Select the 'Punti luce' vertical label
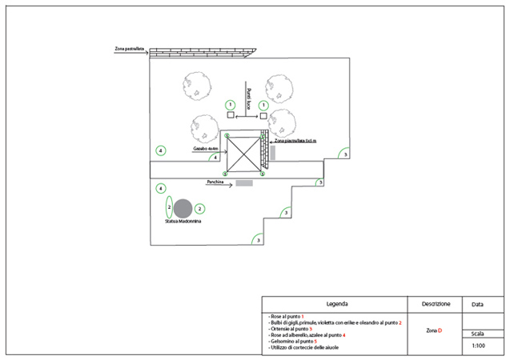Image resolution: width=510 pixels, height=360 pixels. [x=249, y=97]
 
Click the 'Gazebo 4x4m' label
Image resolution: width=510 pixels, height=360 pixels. [x=205, y=149]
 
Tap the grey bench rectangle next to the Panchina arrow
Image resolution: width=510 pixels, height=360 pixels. [x=244, y=183]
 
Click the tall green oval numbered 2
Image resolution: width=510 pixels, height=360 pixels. [x=169, y=207]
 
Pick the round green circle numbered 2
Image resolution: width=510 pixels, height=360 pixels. [x=200, y=208]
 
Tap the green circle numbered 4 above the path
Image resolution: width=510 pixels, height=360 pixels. [x=161, y=150]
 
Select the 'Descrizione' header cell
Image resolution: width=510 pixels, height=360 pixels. [x=436, y=304]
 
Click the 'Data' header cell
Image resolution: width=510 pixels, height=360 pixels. [x=477, y=304]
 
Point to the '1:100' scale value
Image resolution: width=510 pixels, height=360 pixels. [x=477, y=346]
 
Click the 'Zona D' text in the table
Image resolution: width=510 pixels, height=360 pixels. [x=435, y=330]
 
